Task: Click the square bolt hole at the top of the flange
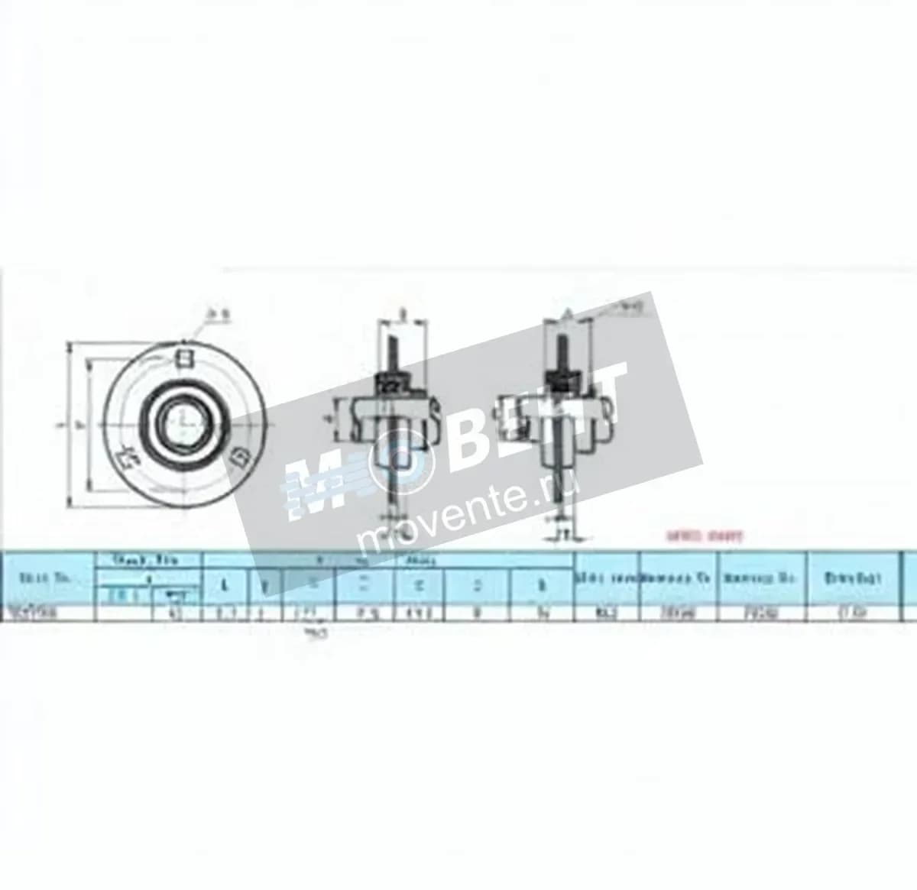(183, 356)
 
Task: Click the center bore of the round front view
(183, 419)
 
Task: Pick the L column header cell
(224, 585)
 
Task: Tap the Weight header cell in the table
(854, 578)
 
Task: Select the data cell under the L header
(224, 613)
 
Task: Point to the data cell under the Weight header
(854, 613)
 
